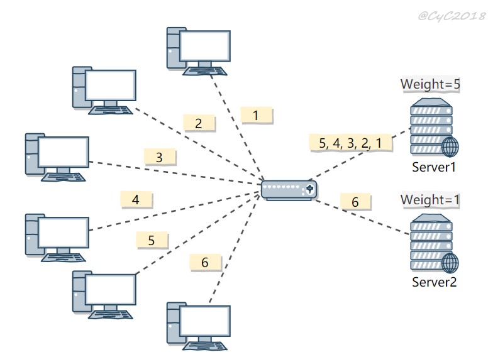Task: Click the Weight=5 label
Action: point(430,84)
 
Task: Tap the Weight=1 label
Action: point(430,200)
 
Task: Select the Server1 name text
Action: point(434,167)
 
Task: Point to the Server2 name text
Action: point(434,282)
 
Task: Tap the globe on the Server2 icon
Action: point(450,263)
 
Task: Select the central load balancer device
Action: point(289,190)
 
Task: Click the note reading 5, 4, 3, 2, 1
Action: point(351,143)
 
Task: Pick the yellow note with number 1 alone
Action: point(257,116)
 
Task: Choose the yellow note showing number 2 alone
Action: point(199,123)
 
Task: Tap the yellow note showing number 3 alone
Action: point(160,157)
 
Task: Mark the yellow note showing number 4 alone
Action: point(136,199)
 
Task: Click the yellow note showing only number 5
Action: point(152,240)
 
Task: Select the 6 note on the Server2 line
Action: point(355,202)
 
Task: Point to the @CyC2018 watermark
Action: point(451,15)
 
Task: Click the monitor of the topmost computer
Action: point(205,46)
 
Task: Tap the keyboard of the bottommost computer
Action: point(205,346)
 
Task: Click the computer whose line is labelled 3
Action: point(57,157)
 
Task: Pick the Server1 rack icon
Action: point(434,127)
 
